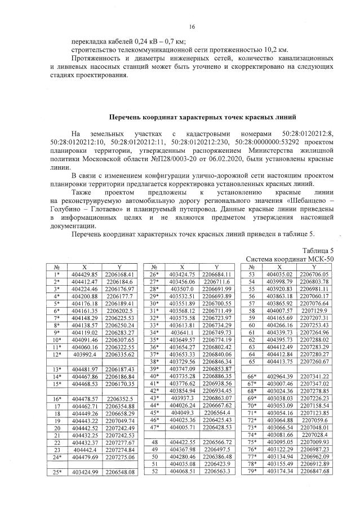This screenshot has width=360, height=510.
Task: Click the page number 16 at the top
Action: click(x=191, y=27)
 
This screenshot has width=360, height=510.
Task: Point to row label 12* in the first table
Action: click(x=57, y=354)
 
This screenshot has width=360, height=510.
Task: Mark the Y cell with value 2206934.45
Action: click(x=217, y=390)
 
